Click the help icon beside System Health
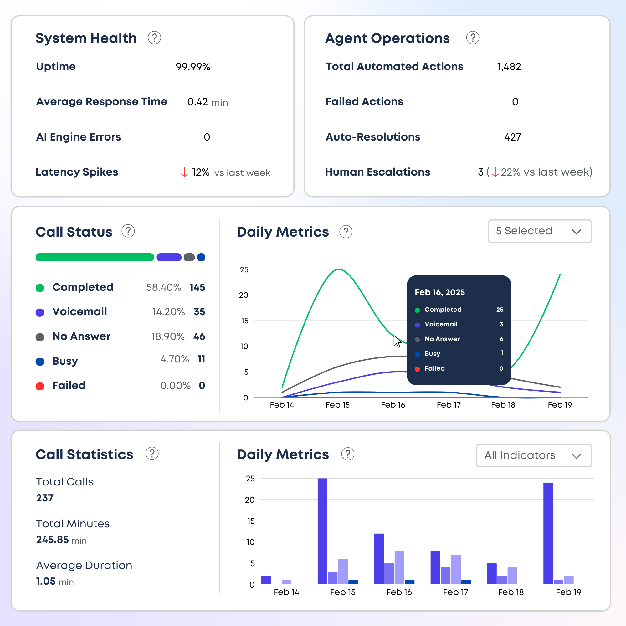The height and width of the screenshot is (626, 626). [154, 38]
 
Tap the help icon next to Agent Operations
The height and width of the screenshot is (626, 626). [472, 38]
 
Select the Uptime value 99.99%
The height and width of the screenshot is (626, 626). [193, 67]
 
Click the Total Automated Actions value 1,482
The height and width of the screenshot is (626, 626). [509, 67]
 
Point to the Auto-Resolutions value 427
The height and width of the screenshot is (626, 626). [512, 137]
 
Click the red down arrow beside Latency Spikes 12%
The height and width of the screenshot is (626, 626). [184, 172]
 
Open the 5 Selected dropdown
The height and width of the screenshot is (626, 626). [540, 231]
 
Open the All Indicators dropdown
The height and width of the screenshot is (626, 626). [533, 455]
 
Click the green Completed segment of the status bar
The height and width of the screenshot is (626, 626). [95, 257]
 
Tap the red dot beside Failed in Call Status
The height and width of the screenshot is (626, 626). [40, 386]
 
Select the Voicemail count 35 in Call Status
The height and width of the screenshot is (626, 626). [199, 312]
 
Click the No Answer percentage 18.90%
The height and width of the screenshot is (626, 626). [168, 336]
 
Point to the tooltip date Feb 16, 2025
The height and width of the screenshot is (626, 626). [440, 292]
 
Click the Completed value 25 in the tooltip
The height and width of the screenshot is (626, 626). [500, 310]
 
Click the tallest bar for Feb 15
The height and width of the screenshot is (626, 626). [322, 531]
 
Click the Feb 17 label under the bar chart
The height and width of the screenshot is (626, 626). [455, 592]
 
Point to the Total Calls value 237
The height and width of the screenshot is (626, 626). [45, 498]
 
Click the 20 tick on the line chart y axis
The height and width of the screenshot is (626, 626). [243, 295]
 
